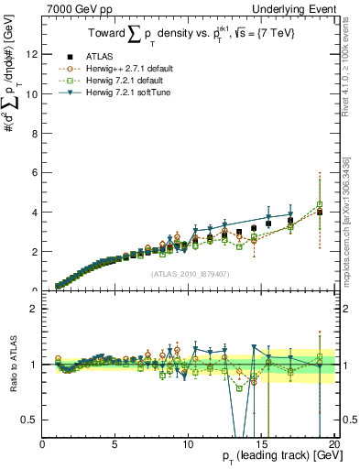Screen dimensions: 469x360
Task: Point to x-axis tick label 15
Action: (x=261, y=444)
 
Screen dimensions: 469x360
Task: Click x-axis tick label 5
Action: (x=115, y=444)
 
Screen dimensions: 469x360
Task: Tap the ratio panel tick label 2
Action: (x=33, y=309)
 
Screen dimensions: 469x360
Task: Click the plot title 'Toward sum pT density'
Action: (x=189, y=35)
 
